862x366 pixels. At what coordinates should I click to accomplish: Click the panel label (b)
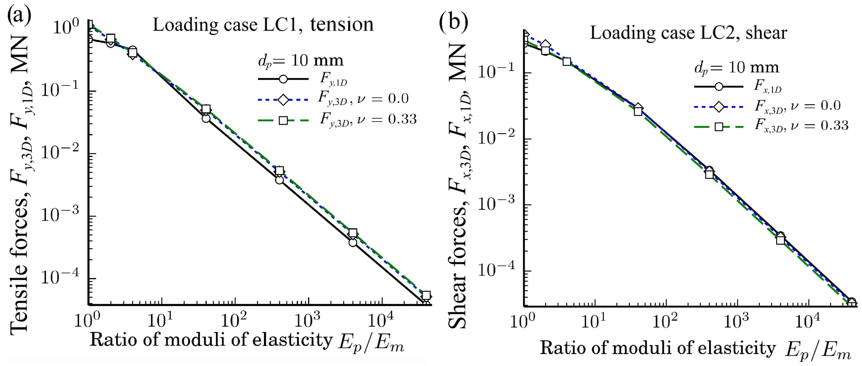tap(453, 22)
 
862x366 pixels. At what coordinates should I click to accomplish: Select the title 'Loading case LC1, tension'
tap(263, 25)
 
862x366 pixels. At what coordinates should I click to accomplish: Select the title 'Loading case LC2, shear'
tap(688, 33)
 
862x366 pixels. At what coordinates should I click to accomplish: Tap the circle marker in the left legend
tap(283, 79)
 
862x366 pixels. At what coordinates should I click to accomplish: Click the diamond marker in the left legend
tap(283, 99)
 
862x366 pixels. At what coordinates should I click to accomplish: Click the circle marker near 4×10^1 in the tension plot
tap(206, 118)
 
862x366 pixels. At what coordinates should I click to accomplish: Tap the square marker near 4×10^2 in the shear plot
tap(710, 174)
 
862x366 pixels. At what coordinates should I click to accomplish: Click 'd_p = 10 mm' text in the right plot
tap(736, 68)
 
